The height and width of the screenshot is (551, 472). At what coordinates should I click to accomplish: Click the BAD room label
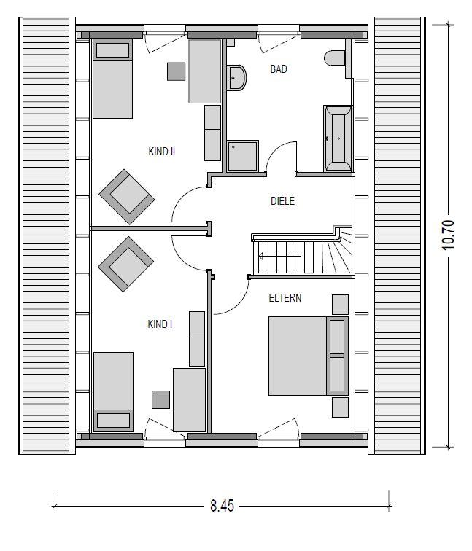pyautogui.click(x=279, y=69)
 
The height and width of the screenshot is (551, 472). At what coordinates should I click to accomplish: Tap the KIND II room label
pyautogui.click(x=161, y=152)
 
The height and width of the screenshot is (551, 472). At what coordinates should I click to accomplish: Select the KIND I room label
pyautogui.click(x=160, y=324)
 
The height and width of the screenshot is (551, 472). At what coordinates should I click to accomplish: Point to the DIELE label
pyautogui.click(x=282, y=200)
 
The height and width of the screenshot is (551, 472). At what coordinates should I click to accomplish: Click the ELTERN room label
pyautogui.click(x=285, y=298)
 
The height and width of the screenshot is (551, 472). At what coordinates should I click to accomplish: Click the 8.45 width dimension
pyautogui.click(x=222, y=506)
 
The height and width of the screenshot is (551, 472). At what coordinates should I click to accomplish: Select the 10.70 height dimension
pyautogui.click(x=448, y=235)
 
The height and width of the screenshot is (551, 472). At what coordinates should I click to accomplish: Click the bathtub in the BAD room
pyautogui.click(x=337, y=137)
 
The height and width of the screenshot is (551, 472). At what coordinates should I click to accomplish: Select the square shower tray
pyautogui.click(x=242, y=156)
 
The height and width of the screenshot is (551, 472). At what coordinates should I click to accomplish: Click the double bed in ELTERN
pyautogui.click(x=306, y=355)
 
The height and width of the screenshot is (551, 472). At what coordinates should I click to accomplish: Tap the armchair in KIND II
pyautogui.click(x=127, y=196)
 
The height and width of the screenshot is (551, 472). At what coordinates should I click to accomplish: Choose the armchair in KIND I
pyautogui.click(x=125, y=263)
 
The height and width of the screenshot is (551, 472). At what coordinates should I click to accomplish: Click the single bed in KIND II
pyautogui.click(x=112, y=79)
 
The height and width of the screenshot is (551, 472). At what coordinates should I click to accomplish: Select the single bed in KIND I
pyautogui.click(x=113, y=391)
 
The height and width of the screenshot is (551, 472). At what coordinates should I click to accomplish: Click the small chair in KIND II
pyautogui.click(x=176, y=71)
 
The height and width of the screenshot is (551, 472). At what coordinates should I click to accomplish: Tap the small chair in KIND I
pyautogui.click(x=160, y=399)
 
